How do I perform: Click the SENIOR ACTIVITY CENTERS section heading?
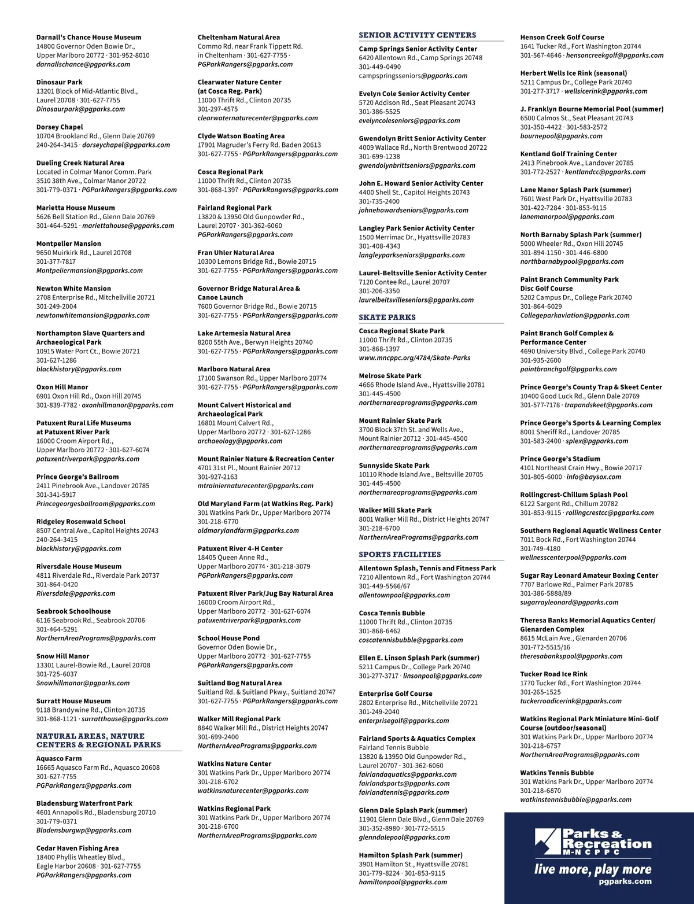pos(417,35)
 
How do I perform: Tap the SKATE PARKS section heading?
pos(387,317)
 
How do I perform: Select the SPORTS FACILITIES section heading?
pos(400,554)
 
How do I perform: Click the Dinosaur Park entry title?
pos(59,82)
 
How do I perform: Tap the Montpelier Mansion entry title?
pos(68,243)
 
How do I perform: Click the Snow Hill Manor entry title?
pos(62,656)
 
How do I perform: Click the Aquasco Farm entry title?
pos(59,758)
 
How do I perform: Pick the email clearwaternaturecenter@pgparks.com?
pos(257,118)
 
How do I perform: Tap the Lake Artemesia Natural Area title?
pos(244,333)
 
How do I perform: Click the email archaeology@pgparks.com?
pos(232,441)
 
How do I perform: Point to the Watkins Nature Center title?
pos(234,763)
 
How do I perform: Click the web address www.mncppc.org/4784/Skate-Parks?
pos(414,357)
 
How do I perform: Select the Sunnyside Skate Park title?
pos(394,465)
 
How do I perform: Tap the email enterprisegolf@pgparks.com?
pos(404,721)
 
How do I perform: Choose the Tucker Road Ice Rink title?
pos(553,674)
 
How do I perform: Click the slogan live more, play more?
pos(592,870)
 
